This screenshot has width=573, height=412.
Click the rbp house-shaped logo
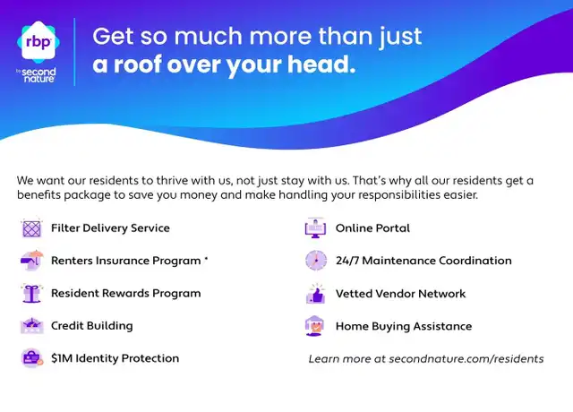tap(38, 41)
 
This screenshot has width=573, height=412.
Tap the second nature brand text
tap(38, 75)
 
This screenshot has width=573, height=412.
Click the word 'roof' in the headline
tap(137, 64)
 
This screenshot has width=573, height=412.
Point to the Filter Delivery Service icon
tap(31, 228)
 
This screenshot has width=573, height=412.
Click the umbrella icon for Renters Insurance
tap(32, 261)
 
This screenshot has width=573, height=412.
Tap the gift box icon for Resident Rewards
tap(32, 293)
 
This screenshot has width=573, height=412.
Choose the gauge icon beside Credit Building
tap(32, 326)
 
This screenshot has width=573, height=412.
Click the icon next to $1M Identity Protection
tap(32, 358)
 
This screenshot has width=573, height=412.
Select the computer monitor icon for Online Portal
tap(315, 228)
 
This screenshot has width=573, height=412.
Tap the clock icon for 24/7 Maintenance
tap(316, 261)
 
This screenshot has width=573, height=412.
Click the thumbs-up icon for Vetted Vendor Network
tap(315, 294)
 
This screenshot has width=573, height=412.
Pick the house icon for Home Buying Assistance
tap(314, 326)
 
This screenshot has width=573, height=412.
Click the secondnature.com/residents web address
tap(466, 359)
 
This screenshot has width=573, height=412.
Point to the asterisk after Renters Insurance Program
tap(206, 259)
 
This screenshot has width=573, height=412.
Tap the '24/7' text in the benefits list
tap(347, 261)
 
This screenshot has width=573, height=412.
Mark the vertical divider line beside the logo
tap(75, 52)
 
